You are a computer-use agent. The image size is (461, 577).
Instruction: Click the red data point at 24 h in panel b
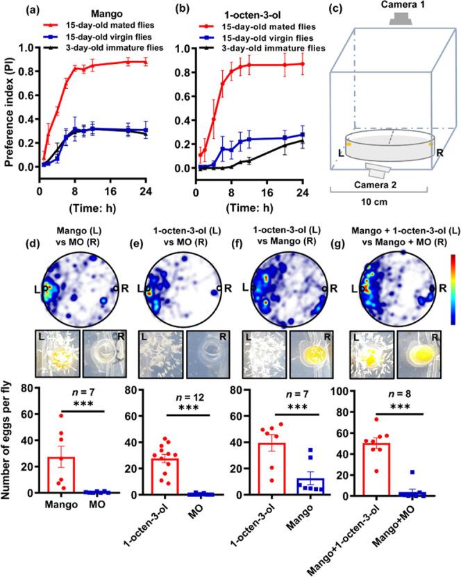point(302,64)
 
